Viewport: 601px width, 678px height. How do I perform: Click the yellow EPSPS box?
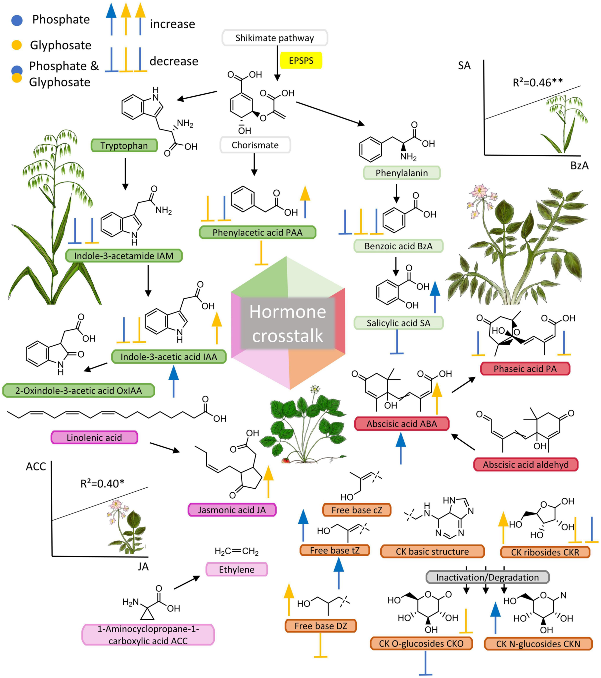pyautogui.click(x=301, y=60)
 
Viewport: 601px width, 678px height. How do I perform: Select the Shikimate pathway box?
pyautogui.click(x=275, y=38)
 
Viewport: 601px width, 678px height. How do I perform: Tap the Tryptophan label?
pyautogui.click(x=124, y=146)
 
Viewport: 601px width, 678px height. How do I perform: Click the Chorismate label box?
pyautogui.click(x=255, y=145)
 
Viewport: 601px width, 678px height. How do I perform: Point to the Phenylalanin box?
pyautogui.click(x=401, y=173)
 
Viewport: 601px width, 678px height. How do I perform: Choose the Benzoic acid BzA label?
pyautogui.click(x=398, y=246)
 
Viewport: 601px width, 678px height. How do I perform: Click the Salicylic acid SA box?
pyautogui.click(x=398, y=323)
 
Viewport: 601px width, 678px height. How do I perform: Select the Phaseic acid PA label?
pyautogui.click(x=525, y=369)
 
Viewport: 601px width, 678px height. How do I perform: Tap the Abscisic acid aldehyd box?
pyautogui.click(x=525, y=465)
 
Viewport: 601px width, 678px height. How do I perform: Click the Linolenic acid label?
pyautogui.click(x=94, y=438)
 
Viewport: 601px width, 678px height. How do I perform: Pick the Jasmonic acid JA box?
pyautogui.click(x=232, y=510)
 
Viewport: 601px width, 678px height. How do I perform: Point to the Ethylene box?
pyautogui.click(x=237, y=569)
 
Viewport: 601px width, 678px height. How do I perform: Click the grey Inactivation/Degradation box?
pyautogui.click(x=487, y=577)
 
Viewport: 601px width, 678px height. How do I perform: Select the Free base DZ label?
pyautogui.click(x=320, y=626)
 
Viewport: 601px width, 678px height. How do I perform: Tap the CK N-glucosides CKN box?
pyautogui.click(x=538, y=644)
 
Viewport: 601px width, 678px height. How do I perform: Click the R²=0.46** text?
pyautogui.click(x=538, y=82)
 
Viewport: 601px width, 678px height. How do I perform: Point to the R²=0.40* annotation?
pyautogui.click(x=102, y=484)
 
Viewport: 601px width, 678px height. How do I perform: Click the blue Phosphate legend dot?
pyautogui.click(x=17, y=20)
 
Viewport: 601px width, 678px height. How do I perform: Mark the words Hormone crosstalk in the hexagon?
pyautogui.click(x=288, y=323)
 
